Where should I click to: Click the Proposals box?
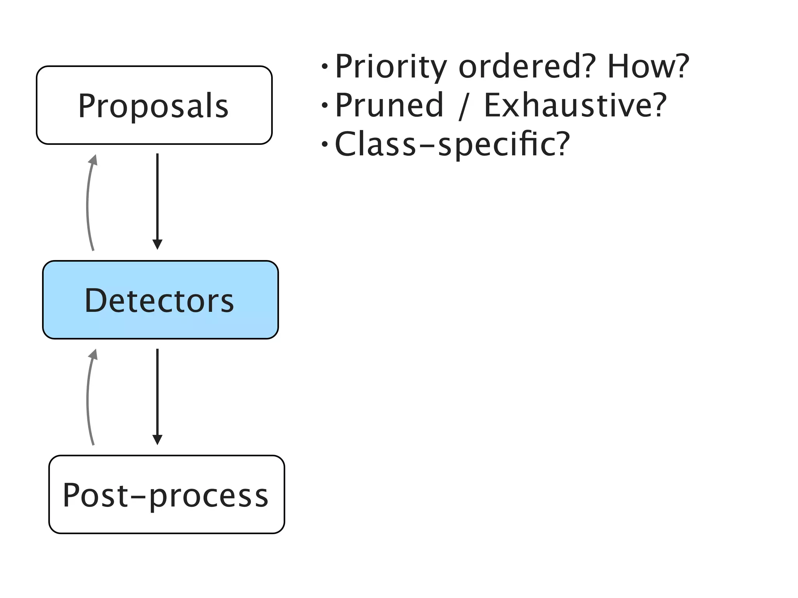[x=154, y=105]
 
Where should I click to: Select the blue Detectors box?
[x=160, y=300]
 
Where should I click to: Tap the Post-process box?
[x=166, y=494]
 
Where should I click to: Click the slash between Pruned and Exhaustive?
[x=463, y=106]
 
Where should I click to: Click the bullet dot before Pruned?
[x=325, y=106]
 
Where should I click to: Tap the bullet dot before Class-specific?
[x=325, y=144]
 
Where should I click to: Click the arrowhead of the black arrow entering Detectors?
[x=157, y=245]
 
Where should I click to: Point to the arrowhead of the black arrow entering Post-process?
[x=157, y=440]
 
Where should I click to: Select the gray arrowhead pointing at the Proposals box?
[x=93, y=160]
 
